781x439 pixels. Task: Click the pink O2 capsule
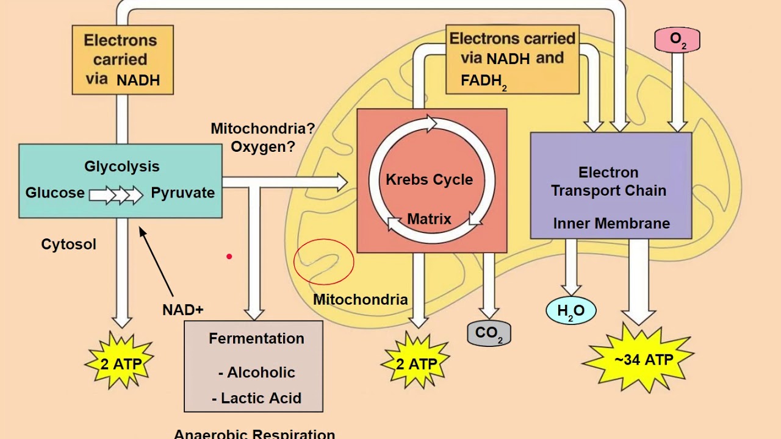tap(677, 40)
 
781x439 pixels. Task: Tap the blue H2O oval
tap(570, 310)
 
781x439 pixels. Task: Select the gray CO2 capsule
tap(489, 334)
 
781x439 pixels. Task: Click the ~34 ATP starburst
tap(638, 360)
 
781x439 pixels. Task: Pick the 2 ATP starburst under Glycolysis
tap(120, 364)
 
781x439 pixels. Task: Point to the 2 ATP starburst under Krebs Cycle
tap(416, 364)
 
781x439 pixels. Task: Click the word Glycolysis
tap(122, 166)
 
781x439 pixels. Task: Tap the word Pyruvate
tap(182, 193)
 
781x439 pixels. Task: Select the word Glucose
tap(55, 193)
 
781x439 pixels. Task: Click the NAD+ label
tap(182, 310)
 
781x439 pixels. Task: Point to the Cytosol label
tap(68, 244)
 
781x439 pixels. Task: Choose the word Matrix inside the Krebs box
tap(429, 219)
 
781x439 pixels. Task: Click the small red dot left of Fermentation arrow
tap(229, 257)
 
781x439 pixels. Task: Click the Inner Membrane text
tap(611, 223)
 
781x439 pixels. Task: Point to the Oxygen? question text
tap(262, 147)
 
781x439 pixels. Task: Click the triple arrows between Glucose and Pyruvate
tap(116, 195)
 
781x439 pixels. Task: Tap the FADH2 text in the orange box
tap(484, 81)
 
